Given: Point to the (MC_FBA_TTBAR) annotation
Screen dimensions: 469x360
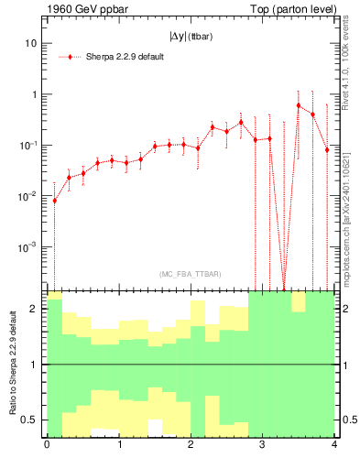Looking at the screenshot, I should (x=190, y=274).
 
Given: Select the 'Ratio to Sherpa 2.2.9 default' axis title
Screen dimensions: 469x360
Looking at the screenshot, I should (x=12, y=364).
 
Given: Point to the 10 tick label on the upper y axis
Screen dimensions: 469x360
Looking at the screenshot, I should (x=31, y=43).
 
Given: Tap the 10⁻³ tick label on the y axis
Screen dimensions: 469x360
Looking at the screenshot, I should (x=29, y=247).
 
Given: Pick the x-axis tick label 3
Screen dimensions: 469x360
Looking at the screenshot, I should (x=263, y=446).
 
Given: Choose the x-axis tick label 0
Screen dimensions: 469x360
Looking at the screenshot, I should (x=47, y=446).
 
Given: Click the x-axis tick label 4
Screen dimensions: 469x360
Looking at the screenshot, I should (x=334, y=446).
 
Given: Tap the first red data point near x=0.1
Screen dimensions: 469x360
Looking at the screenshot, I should (x=54, y=200).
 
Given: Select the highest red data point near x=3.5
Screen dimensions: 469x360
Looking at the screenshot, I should (x=299, y=105).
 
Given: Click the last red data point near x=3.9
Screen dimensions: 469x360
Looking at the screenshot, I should (x=327, y=149).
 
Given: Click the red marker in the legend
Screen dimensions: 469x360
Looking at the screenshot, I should (x=71, y=56).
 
